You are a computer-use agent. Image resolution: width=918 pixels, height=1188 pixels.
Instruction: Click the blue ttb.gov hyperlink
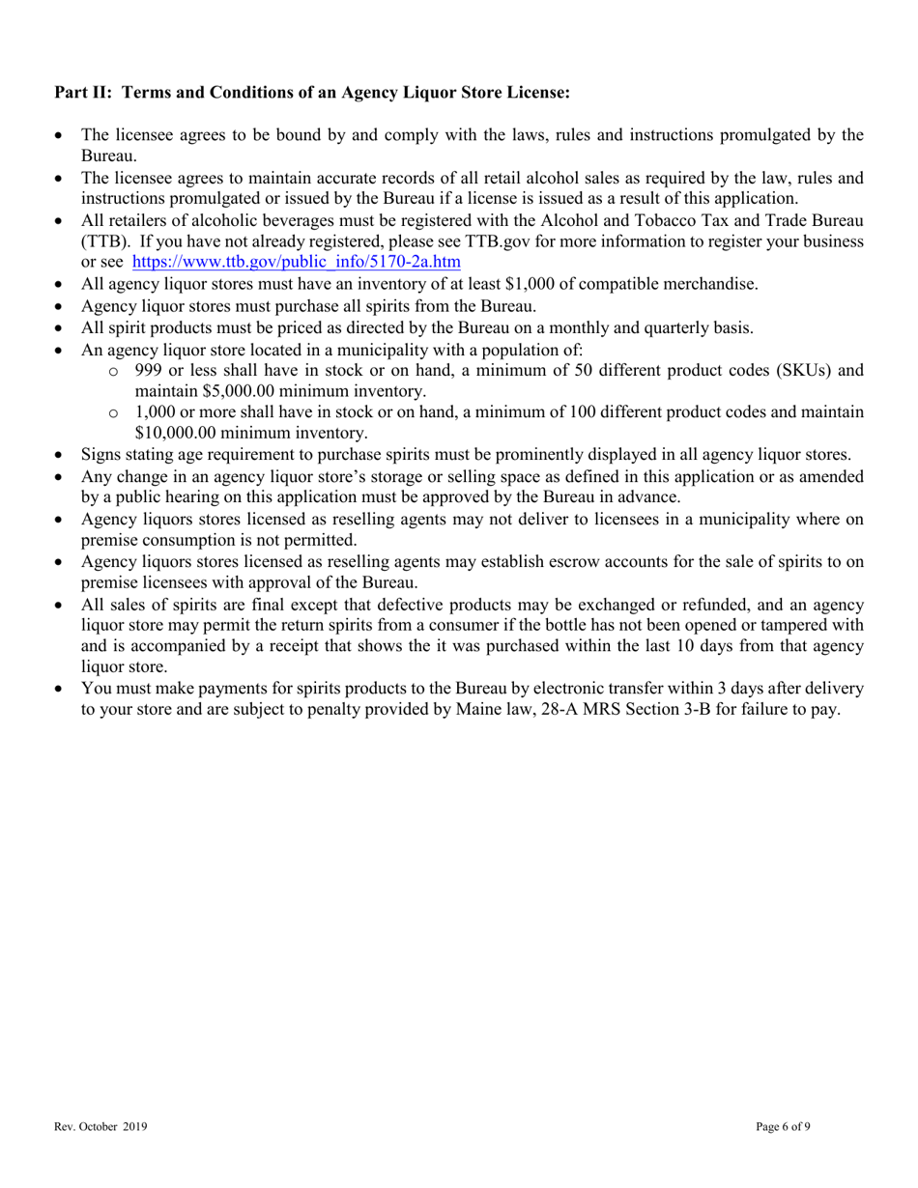pos(296,261)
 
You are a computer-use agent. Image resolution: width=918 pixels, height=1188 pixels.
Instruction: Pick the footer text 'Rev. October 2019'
pos(100,1126)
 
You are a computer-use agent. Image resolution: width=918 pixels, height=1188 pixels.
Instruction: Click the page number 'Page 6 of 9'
pos(783,1126)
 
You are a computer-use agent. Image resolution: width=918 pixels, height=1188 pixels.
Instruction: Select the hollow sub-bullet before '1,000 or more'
pos(114,412)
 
